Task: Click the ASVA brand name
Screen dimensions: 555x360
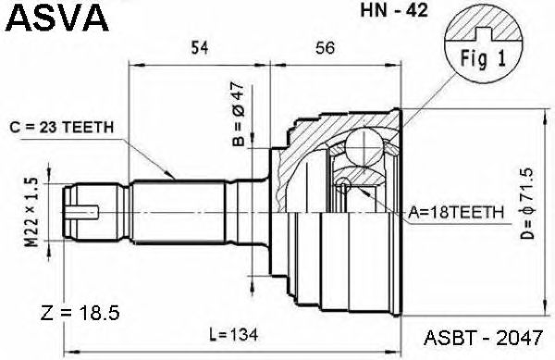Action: [x=57, y=18]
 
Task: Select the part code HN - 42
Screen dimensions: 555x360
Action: [x=394, y=10]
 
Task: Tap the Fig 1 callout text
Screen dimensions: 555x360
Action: [x=483, y=58]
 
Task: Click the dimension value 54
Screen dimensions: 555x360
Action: [x=200, y=47]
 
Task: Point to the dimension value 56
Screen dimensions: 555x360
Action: [x=325, y=47]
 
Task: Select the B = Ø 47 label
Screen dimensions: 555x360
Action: [x=239, y=114]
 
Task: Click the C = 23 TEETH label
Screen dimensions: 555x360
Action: [x=62, y=128]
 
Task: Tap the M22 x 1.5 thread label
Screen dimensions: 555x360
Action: [x=31, y=212]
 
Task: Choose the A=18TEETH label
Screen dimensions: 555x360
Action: [x=456, y=212]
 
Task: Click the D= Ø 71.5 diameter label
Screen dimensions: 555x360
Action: [x=527, y=204]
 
